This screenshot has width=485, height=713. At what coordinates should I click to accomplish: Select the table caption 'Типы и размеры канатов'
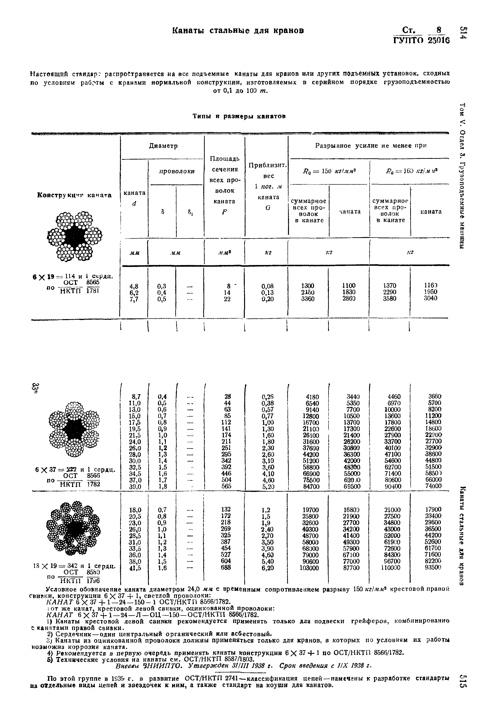[x=239, y=116]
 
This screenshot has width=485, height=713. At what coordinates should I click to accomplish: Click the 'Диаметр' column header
[x=163, y=146]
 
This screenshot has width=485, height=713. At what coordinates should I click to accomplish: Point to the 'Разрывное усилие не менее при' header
[x=371, y=146]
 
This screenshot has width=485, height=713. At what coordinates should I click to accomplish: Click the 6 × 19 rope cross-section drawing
[x=75, y=236]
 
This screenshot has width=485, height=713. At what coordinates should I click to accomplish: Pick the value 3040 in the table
[x=430, y=298]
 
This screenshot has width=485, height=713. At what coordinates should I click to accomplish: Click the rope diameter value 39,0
[x=135, y=487]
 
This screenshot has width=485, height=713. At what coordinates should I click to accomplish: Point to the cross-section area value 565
[x=227, y=486]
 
